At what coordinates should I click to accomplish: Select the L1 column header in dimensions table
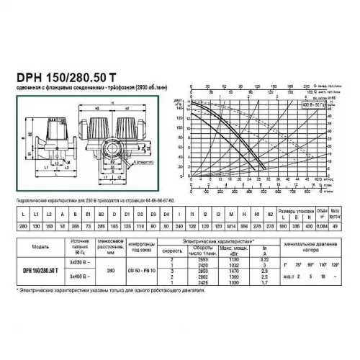pyautogui.click(x=32, y=215)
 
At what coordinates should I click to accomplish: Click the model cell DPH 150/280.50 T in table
pyautogui.click(x=41, y=271)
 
